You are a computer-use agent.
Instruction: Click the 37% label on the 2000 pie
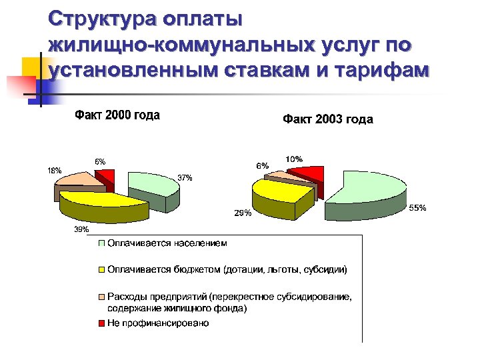(185, 178)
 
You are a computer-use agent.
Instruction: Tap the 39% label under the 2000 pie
(81, 229)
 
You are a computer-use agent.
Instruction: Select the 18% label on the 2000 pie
(54, 170)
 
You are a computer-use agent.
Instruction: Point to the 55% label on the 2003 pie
(418, 209)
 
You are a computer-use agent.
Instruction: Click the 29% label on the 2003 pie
(242, 213)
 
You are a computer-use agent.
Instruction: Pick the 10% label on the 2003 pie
(294, 159)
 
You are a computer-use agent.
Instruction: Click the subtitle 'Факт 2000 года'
(117, 115)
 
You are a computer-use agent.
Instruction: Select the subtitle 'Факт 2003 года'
(328, 120)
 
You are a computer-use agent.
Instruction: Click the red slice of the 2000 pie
(106, 177)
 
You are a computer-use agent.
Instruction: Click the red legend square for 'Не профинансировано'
(102, 323)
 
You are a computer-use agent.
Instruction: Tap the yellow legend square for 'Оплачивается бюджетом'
(102, 271)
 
